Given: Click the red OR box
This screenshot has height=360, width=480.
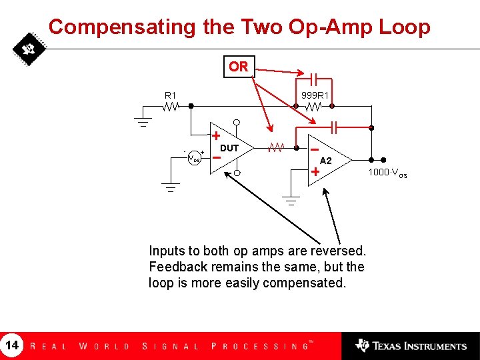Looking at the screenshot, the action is (238, 67).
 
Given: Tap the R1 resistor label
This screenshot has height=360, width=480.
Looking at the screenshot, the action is (171, 95).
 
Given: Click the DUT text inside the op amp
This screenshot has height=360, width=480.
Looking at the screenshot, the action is (229, 148).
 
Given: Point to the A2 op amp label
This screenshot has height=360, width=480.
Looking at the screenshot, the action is (325, 161).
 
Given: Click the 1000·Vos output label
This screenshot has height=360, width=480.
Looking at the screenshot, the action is (387, 174).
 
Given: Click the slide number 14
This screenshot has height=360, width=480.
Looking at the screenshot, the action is (12, 345).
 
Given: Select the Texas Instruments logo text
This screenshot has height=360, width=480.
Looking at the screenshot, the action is (418, 346).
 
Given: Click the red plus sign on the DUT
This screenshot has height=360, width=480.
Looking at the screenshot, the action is (217, 136).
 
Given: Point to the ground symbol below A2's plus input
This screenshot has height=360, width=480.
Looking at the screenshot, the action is (291, 200).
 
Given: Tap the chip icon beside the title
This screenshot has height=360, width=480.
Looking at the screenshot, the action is (28, 49).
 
